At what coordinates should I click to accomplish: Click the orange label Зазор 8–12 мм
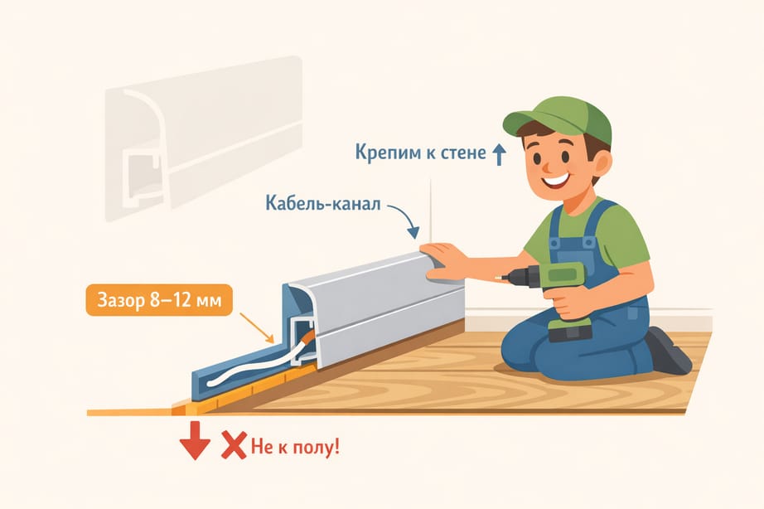(159, 300)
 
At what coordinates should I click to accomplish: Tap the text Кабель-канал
(322, 203)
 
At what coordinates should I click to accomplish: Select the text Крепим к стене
(420, 153)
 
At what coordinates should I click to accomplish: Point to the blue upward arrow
(499, 154)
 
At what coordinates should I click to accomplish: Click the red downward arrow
(195, 440)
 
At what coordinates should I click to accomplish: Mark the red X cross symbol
(234, 444)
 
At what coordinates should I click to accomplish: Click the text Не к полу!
(295, 446)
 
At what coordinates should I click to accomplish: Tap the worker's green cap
(560, 119)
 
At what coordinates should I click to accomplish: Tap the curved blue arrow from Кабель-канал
(406, 217)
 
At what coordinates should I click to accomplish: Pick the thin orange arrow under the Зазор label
(256, 327)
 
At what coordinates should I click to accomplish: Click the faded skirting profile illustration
(204, 138)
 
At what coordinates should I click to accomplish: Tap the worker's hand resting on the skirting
(443, 262)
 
